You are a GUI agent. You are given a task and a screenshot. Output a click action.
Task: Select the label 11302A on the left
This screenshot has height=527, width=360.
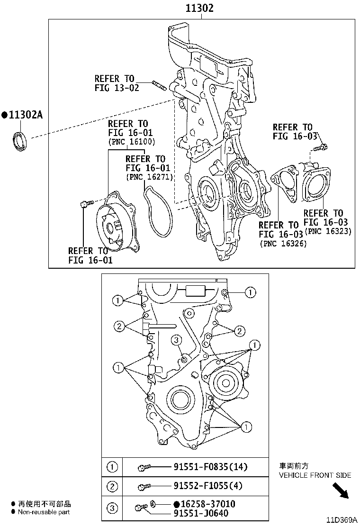[22, 114]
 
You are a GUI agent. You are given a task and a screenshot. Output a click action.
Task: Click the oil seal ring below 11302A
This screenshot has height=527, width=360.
[19, 142]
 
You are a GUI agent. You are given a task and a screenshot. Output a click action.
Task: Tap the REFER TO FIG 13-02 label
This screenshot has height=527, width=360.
[116, 83]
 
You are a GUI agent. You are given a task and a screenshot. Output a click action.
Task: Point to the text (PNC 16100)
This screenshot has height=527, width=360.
[131, 141]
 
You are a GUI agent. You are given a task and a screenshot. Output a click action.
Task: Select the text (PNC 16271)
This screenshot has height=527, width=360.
[149, 177]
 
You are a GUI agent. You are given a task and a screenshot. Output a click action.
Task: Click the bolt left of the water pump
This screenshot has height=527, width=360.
[84, 204]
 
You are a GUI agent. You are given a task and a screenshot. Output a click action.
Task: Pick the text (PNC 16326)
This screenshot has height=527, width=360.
[283, 243]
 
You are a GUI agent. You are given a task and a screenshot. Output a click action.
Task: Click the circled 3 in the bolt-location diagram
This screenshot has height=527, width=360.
[175, 339]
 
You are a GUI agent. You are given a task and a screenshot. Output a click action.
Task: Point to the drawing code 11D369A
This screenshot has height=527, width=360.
[341, 520]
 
